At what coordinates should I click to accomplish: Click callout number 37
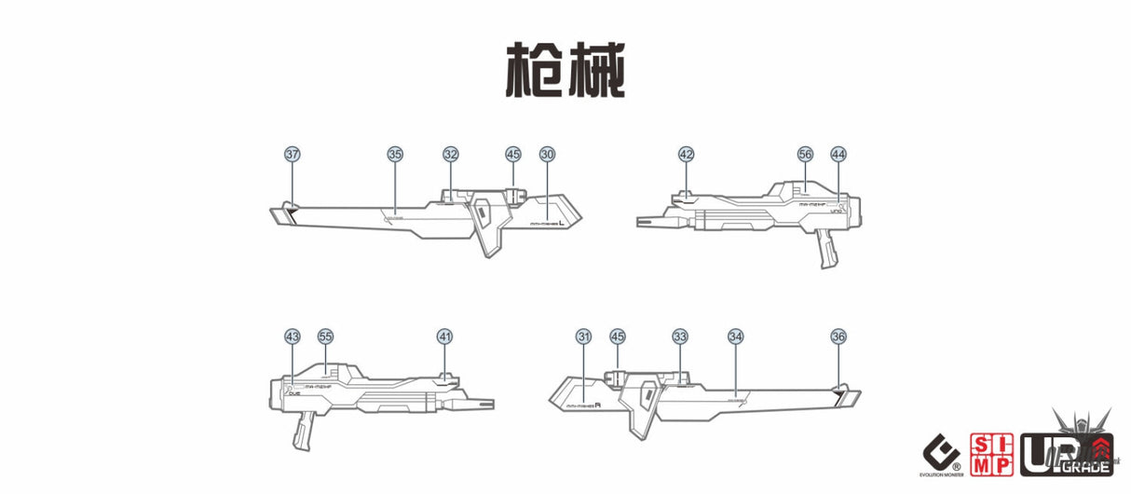click(x=293, y=154)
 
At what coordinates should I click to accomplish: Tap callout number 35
click(x=395, y=154)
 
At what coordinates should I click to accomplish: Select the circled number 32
click(x=451, y=154)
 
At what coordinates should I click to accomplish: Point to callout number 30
click(x=547, y=154)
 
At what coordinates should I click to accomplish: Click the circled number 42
click(x=687, y=154)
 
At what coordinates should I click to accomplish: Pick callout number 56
click(x=806, y=154)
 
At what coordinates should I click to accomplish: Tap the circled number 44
click(x=838, y=154)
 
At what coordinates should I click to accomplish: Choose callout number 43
click(x=293, y=336)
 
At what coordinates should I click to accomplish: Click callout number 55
click(x=325, y=336)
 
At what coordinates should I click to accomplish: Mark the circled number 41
click(x=445, y=336)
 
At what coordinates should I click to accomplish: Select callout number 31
click(x=584, y=336)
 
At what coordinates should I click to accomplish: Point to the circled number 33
click(x=680, y=336)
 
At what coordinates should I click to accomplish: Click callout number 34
click(x=736, y=336)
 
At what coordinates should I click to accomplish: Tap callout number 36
click(x=838, y=336)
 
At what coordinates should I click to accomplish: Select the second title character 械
click(x=596, y=69)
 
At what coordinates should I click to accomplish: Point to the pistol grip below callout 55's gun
click(x=304, y=432)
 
